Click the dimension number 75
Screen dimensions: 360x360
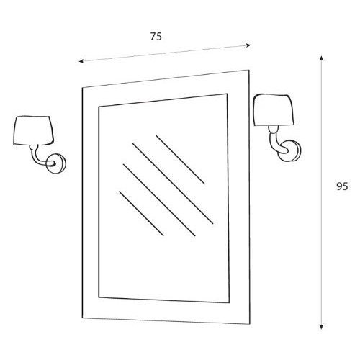pos(156,37)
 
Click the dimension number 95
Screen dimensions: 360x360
pos(342,186)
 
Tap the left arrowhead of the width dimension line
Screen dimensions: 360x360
pos(81,61)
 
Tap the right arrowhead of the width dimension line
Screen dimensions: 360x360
pos(249,45)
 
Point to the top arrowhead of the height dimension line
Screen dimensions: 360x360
pos(322,58)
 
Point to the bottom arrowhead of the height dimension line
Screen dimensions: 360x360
pos(322,327)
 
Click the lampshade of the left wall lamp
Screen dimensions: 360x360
pos(33,130)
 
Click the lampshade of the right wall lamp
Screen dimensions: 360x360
pos(274,110)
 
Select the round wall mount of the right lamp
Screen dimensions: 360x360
pos(289,150)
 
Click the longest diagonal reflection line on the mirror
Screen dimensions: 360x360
pos(173,184)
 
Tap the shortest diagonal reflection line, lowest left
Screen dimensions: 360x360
pos(141,213)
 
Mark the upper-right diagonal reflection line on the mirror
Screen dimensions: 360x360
pos(180,160)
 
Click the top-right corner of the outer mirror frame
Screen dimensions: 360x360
pos(249,70)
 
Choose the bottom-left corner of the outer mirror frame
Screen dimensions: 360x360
pos(83,318)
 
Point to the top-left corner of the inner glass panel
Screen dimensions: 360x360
pos(99,107)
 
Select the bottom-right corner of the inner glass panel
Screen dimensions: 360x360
pos(229,303)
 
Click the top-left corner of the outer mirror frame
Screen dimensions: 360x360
pos(82,87)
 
